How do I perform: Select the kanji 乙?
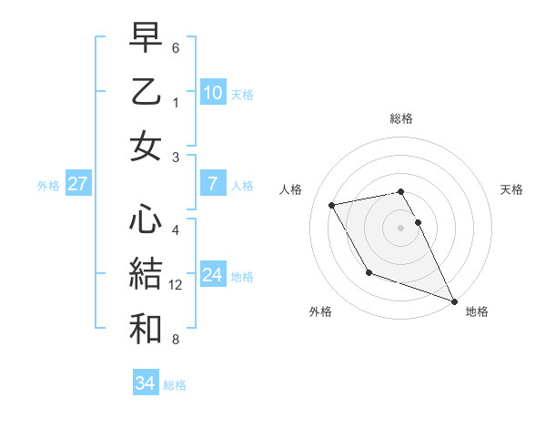[147, 93]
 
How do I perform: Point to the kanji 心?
[147, 219]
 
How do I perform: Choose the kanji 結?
[147, 271]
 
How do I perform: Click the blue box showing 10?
[213, 93]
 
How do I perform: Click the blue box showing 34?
[146, 384]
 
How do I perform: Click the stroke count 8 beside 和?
[176, 340]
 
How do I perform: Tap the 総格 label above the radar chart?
[401, 118]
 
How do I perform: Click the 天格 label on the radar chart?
[512, 189]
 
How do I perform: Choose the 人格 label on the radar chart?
[292, 189]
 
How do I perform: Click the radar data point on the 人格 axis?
[332, 205]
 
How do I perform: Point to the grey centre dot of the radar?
[401, 227]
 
